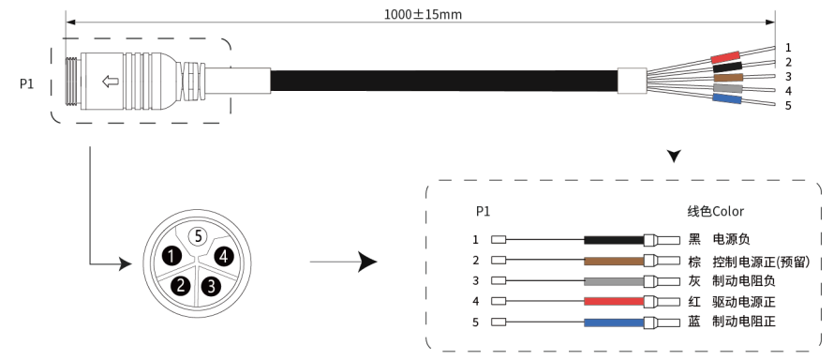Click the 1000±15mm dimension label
pos(423,14)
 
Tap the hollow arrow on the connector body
pos(110,82)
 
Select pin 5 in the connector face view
pos(198,236)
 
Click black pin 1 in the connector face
pos(171,256)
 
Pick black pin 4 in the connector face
pos(224,256)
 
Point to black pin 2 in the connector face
pos(181,286)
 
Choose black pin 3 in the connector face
pos(211,287)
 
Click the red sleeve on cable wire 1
pos(725,57)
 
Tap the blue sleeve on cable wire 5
pos(726,98)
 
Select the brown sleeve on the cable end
pos(728,78)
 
